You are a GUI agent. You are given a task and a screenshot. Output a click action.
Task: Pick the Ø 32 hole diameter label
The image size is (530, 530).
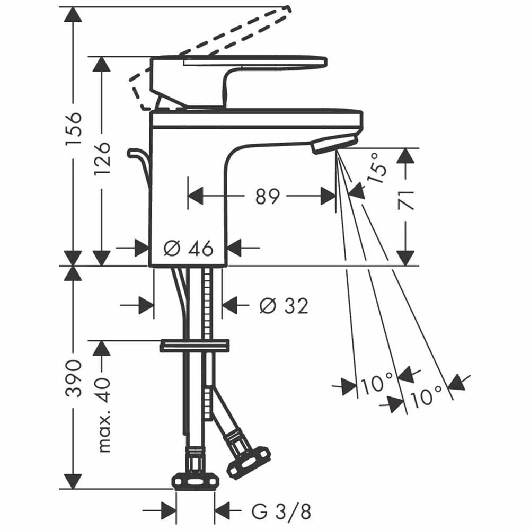284,305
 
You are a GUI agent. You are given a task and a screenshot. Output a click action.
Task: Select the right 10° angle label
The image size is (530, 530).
426,395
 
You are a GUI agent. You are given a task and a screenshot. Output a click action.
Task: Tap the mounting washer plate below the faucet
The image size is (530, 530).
195,346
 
